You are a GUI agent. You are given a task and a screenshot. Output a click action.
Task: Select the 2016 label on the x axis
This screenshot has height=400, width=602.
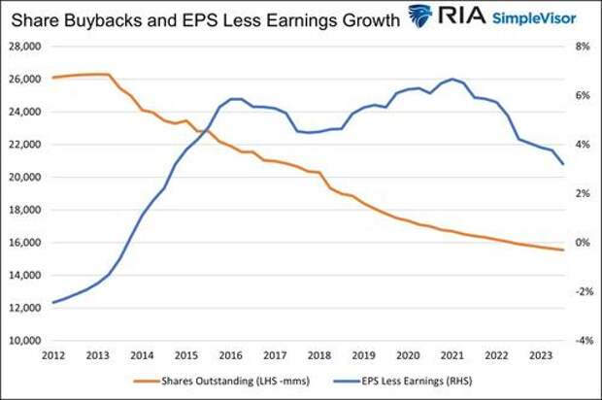pos(230,355)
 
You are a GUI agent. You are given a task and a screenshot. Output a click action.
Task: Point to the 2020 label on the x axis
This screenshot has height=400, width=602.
pos(408,355)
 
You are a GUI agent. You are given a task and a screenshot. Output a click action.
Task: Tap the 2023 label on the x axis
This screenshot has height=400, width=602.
pos(541,355)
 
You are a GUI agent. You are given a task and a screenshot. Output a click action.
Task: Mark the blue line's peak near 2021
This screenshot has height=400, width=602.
pos(453,79)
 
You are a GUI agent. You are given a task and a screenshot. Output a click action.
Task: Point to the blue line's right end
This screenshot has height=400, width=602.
pos(563,164)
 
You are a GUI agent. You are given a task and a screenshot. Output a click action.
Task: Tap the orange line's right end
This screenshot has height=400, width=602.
pos(563,250)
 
